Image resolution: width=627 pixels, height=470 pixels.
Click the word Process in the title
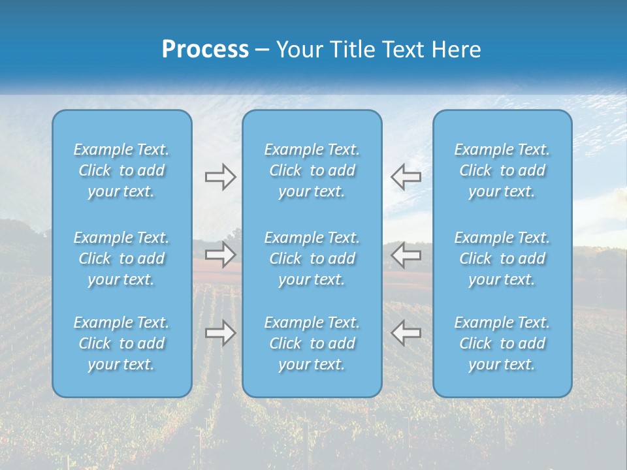205,50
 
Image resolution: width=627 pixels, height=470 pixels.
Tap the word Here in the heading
457,50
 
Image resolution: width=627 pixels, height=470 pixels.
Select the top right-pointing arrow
220,177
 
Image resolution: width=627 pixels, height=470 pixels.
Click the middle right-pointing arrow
220,255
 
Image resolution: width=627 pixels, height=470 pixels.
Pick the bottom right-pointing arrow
220,333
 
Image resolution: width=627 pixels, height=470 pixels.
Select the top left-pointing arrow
406,177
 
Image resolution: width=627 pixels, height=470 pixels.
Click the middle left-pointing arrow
406,255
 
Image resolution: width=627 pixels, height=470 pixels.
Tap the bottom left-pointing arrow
406,333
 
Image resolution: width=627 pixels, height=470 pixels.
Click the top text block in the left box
121,170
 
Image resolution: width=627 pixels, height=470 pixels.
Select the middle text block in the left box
121,258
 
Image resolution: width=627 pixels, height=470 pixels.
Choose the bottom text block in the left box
121,343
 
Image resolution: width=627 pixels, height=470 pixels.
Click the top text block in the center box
312,170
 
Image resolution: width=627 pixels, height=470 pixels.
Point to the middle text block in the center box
312,258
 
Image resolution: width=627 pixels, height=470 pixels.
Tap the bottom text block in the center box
312,343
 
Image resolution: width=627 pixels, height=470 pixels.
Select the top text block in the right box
502,170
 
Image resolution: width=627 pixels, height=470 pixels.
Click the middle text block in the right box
502,258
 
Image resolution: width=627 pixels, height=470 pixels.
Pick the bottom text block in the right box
502,343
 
